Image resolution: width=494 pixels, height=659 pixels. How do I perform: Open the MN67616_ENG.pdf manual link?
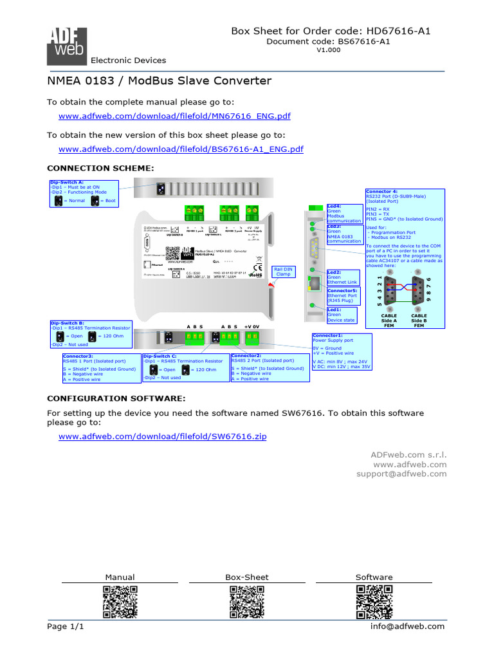click(174, 116)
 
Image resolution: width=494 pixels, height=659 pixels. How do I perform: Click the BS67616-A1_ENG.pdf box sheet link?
click(181, 149)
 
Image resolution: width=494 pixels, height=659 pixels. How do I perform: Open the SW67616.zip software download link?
click(162, 436)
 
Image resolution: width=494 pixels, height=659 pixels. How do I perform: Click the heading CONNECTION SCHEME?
click(101, 168)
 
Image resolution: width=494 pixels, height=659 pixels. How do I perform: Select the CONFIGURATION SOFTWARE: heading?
click(116, 399)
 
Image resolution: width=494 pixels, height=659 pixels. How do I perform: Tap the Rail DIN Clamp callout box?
click(284, 272)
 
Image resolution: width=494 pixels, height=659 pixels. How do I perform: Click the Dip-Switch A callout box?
click(83, 193)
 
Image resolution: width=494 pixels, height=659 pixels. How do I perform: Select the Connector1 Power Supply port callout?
click(342, 352)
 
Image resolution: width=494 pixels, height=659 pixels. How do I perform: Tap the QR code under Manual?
click(120, 602)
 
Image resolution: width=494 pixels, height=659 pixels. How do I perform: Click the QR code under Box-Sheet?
click(247, 602)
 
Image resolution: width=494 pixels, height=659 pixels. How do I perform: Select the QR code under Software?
click(374, 602)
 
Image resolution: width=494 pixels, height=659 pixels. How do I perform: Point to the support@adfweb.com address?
click(409, 474)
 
